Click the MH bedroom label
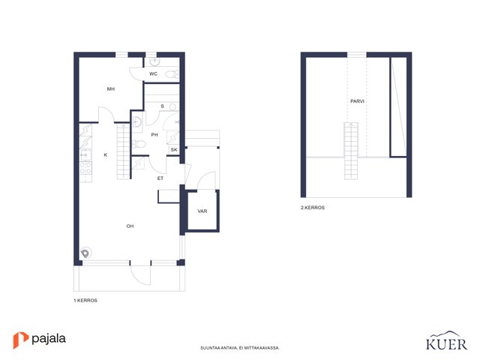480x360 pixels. tap(111, 89)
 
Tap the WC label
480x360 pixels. tap(153, 73)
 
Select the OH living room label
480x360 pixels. tap(130, 226)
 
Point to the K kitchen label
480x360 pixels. tap(106, 155)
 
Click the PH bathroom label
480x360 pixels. tap(154, 135)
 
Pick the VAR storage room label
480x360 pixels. tap(202, 211)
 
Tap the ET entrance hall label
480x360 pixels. tap(160, 178)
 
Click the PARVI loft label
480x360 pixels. tap(357, 101)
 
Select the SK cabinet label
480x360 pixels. tap(174, 150)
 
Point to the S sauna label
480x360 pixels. tap(162, 106)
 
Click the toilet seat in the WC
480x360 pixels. tap(172, 73)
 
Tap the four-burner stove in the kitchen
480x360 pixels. tap(85, 168)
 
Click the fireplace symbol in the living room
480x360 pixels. tap(85, 253)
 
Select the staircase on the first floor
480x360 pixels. tap(123, 151)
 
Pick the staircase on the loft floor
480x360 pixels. tap(351, 151)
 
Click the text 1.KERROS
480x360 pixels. tap(85, 300)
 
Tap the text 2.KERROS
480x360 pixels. tap(313, 208)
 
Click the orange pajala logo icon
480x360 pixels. tap(20, 340)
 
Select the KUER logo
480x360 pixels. tap(447, 341)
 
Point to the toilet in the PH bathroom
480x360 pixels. tap(139, 143)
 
